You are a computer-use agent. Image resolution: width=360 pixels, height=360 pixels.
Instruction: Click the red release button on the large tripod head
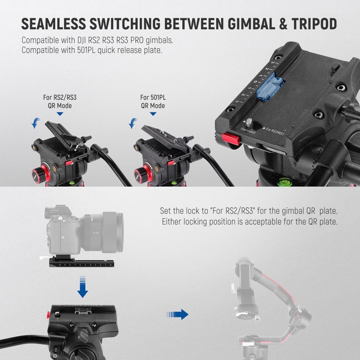(231, 139)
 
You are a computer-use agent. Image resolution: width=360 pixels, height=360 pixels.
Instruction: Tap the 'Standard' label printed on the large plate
(248, 130)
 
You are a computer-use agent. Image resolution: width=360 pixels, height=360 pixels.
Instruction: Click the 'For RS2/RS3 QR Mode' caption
(60, 102)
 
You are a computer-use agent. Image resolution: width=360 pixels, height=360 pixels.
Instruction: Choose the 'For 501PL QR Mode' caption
(153, 102)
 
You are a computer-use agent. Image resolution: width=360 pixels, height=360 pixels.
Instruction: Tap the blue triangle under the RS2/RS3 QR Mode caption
(60, 114)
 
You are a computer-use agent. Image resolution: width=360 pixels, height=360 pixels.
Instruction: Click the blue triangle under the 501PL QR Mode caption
(153, 114)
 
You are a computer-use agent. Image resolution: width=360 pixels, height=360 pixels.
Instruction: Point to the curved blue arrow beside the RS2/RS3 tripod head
(35, 123)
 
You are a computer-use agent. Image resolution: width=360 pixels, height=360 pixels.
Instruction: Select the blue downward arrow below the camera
(82, 287)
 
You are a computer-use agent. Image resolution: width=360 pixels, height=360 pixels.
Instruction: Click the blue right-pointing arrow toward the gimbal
(178, 314)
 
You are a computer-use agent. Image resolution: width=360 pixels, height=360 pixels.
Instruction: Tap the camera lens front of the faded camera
(112, 232)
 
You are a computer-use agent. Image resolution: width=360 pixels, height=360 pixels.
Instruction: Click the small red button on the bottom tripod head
(49, 315)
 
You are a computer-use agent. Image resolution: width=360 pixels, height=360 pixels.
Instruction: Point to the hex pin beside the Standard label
(249, 122)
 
